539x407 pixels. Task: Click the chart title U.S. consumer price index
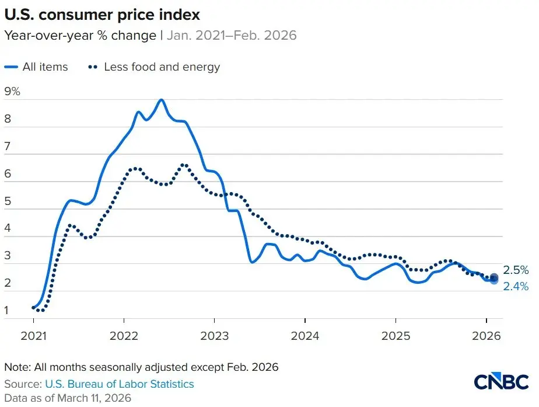pyautogui.click(x=107, y=14)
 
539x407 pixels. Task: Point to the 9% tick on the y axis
pyautogui.click(x=12, y=92)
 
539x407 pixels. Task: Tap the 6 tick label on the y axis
pyautogui.click(x=8, y=175)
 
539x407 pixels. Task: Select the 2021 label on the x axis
pyautogui.click(x=33, y=336)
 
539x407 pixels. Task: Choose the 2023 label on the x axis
pyautogui.click(x=214, y=336)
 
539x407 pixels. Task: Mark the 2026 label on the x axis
pyautogui.click(x=486, y=336)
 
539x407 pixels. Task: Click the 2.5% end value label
pyautogui.click(x=516, y=270)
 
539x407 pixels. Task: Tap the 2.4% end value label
pyautogui.click(x=516, y=286)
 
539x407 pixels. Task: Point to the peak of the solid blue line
pyautogui.click(x=161, y=100)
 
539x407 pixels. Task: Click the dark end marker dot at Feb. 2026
pyautogui.click(x=494, y=277)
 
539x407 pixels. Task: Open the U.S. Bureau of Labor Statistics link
pyautogui.click(x=119, y=384)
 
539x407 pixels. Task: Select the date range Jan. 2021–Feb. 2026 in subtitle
pyautogui.click(x=232, y=36)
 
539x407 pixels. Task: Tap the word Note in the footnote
pyautogui.click(x=16, y=368)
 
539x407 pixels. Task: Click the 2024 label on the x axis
pyautogui.click(x=304, y=336)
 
